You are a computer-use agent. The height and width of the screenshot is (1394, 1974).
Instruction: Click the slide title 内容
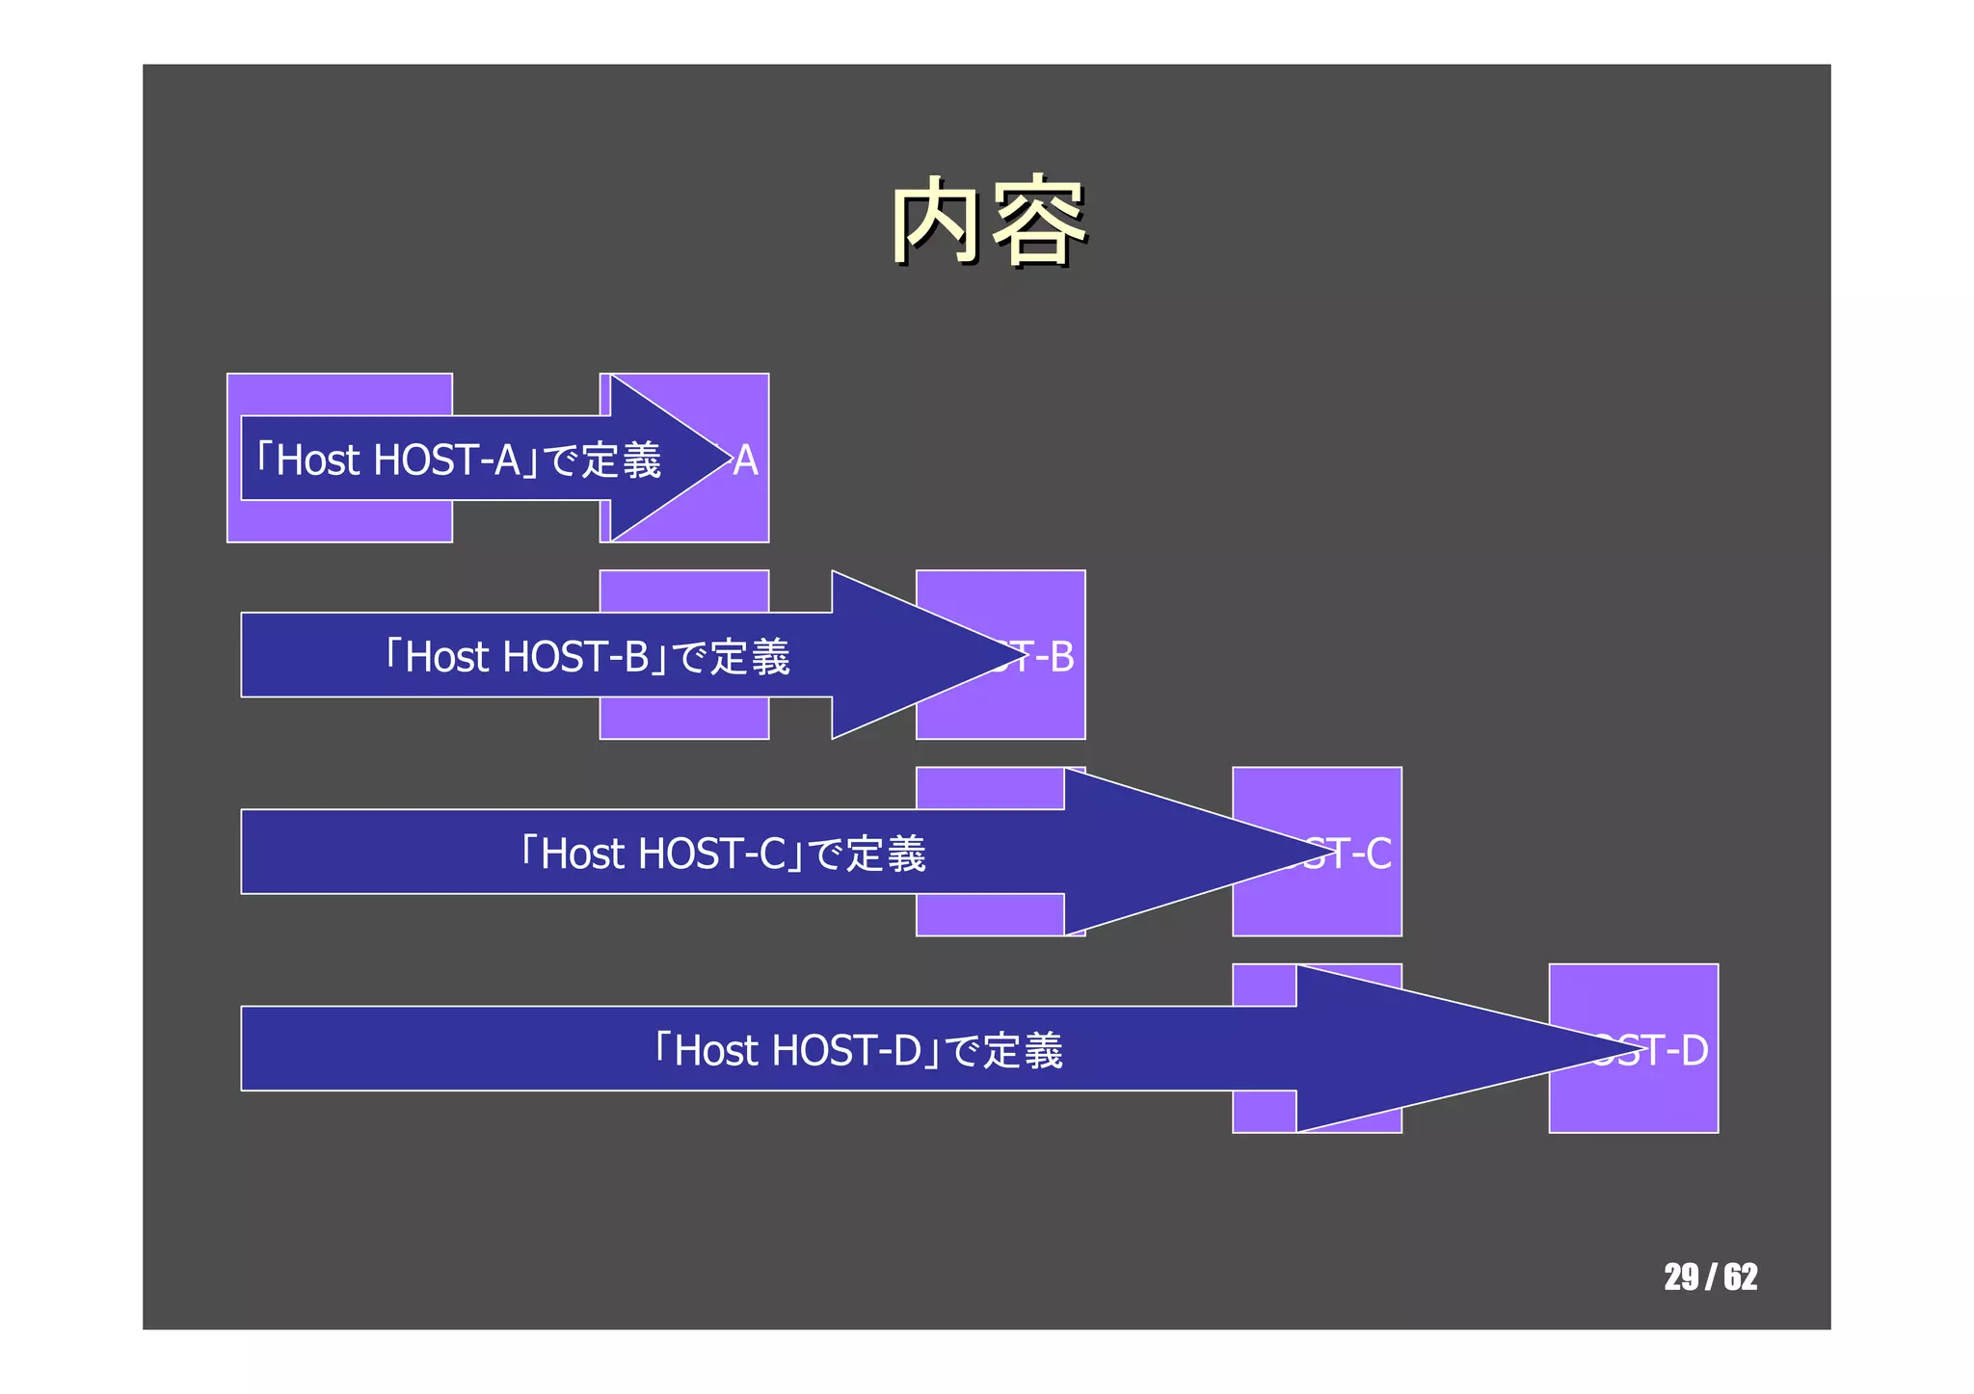pos(988,222)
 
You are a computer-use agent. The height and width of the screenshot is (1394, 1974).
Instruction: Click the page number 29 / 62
pos(1710,1276)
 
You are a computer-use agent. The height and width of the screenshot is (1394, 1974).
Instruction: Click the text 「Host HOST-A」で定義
pos(458,460)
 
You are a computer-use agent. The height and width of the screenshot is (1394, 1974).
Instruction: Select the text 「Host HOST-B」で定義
pos(586,656)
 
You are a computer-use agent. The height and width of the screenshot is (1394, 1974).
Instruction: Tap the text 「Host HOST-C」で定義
pos(722,854)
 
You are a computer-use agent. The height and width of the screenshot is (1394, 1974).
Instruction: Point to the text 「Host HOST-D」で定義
pos(858,1050)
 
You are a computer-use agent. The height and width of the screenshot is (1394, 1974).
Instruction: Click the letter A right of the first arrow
pos(745,460)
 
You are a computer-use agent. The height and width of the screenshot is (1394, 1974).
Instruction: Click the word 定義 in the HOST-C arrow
pos(886,854)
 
